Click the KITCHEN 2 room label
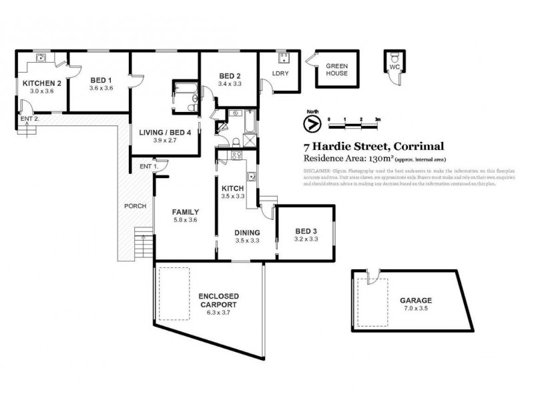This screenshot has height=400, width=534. click(42, 83)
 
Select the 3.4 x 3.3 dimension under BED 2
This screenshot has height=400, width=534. click(229, 84)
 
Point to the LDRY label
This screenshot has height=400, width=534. click(280, 74)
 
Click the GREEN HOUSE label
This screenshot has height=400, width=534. click(336, 69)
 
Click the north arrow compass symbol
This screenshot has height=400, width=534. click(310, 123)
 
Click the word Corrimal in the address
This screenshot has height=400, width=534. click(420, 147)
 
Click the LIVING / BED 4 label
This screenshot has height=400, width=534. click(165, 132)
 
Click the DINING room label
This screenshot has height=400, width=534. click(246, 233)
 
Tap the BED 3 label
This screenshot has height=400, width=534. click(306, 231)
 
